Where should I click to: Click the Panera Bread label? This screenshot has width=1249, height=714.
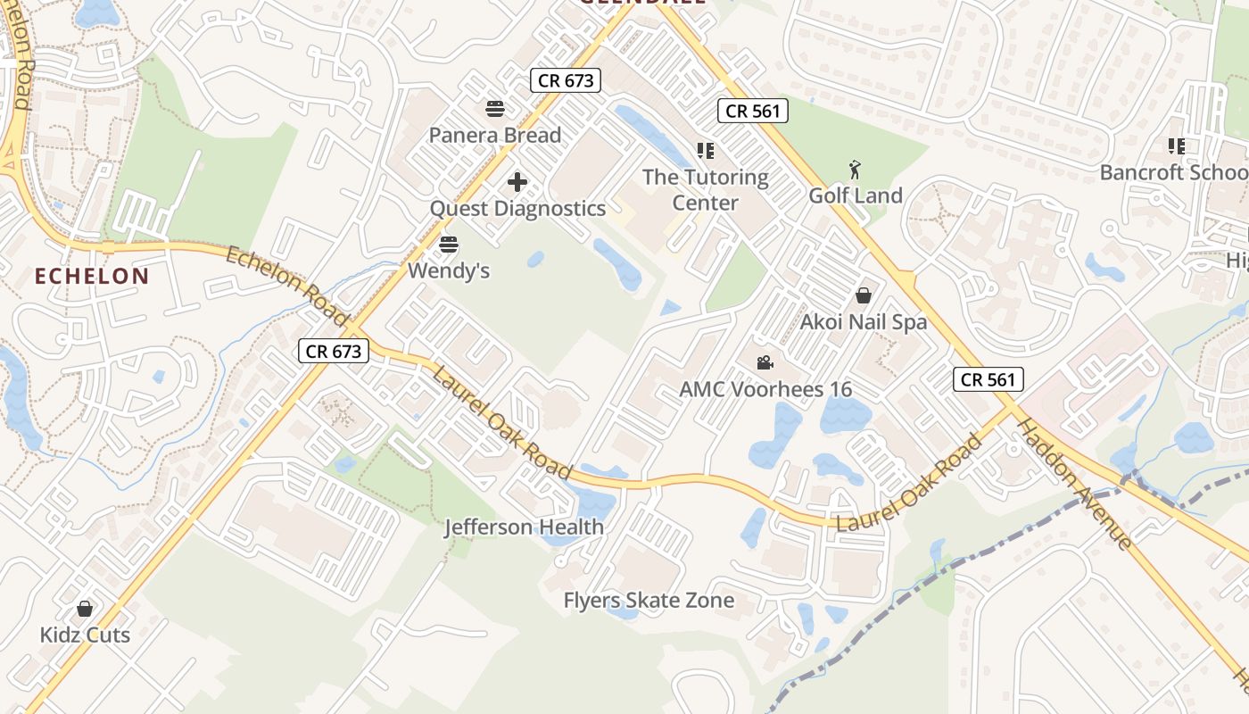pos(495,136)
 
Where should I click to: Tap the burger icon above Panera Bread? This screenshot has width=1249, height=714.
pos(495,110)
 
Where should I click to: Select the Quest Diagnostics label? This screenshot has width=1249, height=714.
pos(517,209)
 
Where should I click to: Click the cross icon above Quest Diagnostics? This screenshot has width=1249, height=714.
pos(517,183)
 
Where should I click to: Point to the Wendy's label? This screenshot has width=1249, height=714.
pos(449,270)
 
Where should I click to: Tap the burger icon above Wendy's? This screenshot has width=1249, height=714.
pos(449,245)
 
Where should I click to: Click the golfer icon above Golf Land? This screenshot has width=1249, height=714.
pos(856,169)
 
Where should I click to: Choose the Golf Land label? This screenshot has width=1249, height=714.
pos(856,195)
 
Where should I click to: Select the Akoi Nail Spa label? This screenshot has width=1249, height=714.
pos(864,322)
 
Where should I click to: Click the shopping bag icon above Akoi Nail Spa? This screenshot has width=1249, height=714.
pos(864,295)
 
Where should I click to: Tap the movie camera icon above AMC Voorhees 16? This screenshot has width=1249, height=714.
pos(765,363)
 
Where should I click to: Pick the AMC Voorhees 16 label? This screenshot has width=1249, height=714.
pos(765,390)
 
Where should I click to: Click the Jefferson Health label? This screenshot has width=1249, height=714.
pos(525,527)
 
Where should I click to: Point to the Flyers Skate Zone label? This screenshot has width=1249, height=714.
pos(649,601)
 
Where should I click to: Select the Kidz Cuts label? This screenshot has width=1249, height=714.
pos(85,635)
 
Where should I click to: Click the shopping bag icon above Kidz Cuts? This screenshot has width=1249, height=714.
pos(85,610)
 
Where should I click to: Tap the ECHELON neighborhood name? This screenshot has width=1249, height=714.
pos(92,277)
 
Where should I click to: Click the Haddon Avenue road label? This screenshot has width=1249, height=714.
pos(1075,483)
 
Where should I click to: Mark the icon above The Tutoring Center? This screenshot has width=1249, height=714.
pos(706,151)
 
